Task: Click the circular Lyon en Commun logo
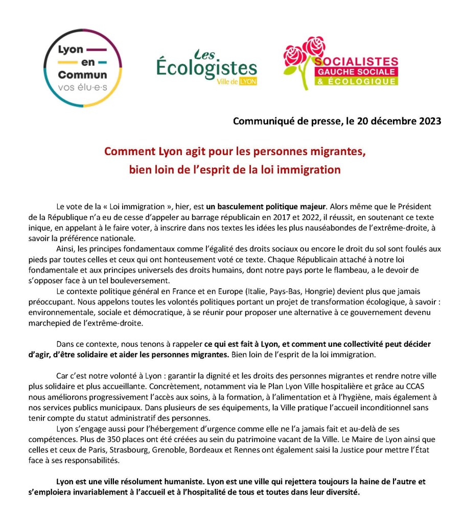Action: pos(83,68)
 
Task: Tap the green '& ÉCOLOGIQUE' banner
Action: pos(356,81)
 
